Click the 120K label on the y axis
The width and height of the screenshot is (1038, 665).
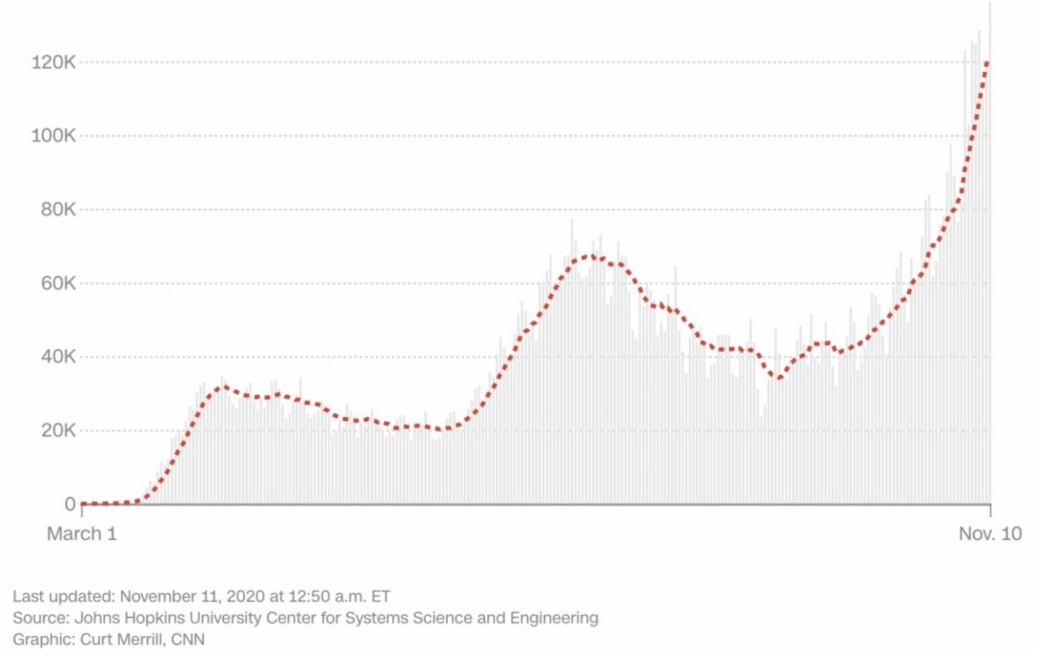[53, 62]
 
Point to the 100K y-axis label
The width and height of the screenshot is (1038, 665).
[53, 135]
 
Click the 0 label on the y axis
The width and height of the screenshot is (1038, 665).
[70, 504]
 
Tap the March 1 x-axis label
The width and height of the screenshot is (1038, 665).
[82, 533]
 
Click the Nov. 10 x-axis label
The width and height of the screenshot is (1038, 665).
[989, 533]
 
